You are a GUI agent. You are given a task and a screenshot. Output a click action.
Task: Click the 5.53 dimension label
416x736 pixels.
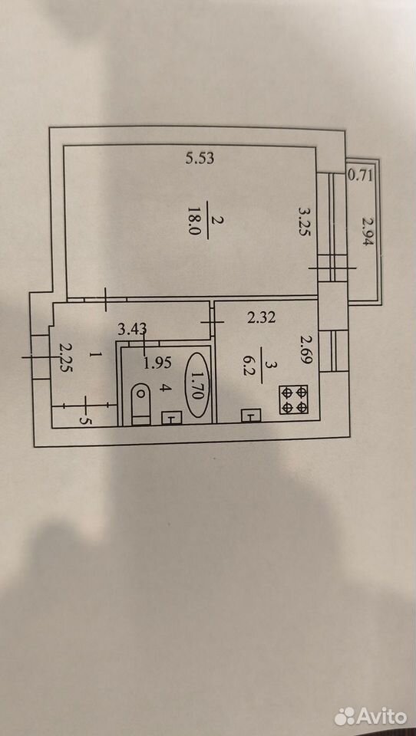pyautogui.click(x=200, y=159)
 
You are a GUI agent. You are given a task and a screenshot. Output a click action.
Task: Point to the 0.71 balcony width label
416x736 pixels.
pyautogui.click(x=361, y=176)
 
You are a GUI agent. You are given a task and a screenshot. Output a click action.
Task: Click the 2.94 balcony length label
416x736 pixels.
pyautogui.click(x=366, y=232)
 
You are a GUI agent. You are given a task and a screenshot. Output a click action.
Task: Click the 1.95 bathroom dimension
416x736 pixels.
pyautogui.click(x=158, y=363)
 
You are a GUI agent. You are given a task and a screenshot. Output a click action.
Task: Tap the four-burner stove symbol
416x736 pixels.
pyautogui.click(x=294, y=399)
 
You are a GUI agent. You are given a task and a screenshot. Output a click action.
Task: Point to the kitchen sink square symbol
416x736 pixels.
pyautogui.click(x=250, y=416)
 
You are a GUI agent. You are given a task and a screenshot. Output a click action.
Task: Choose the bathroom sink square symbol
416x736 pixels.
pyautogui.click(x=172, y=417)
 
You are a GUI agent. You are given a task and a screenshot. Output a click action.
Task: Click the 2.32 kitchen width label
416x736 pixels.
pyautogui.click(x=262, y=317)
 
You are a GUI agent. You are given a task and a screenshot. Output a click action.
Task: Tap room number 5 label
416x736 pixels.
pyautogui.click(x=84, y=420)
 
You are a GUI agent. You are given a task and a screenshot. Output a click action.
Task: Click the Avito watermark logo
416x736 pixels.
pyautogui.click(x=371, y=716)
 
